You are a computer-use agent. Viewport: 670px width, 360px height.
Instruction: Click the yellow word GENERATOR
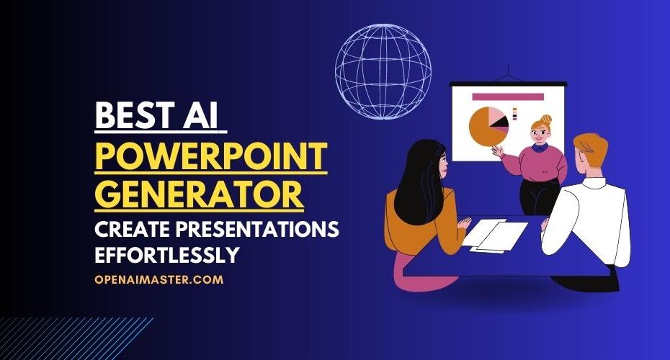pyautogui.click(x=199, y=194)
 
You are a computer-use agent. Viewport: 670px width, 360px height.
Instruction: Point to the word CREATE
pyautogui.click(x=132, y=230)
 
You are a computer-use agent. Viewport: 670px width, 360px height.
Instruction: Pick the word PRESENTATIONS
pyautogui.click(x=257, y=230)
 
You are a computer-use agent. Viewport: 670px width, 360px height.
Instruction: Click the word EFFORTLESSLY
pyautogui.click(x=166, y=255)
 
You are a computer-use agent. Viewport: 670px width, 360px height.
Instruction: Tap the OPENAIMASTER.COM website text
pyautogui.click(x=159, y=279)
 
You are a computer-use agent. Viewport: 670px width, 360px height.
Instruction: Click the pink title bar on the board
pyautogui.click(x=508, y=97)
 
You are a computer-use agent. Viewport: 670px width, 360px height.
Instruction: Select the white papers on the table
pyautogui.click(x=496, y=235)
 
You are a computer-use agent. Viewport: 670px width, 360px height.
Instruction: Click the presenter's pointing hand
pyautogui.click(x=497, y=150)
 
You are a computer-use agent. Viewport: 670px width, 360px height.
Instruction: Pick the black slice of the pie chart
pyautogui.click(x=500, y=122)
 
